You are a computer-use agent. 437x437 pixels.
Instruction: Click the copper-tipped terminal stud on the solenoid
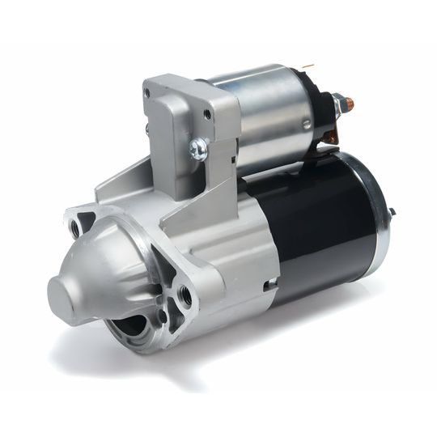[350, 104]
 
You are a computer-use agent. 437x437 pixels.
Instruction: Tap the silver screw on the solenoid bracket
[197, 148]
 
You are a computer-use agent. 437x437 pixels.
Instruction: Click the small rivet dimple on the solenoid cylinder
[306, 124]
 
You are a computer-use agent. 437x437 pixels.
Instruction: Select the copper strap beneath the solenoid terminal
[332, 138]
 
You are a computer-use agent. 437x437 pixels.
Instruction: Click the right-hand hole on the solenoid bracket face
[208, 115]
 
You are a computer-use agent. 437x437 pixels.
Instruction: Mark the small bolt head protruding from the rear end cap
[392, 213]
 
